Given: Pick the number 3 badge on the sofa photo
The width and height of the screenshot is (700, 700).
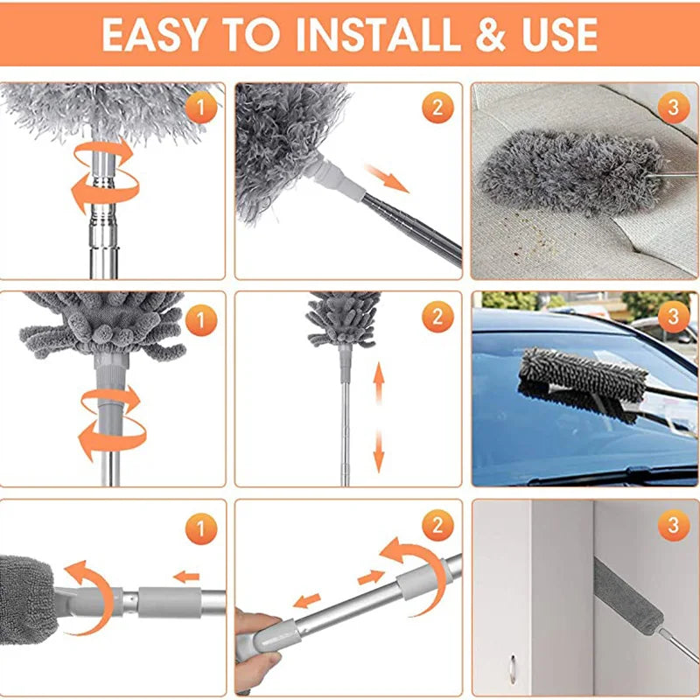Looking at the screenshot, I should coord(673,108).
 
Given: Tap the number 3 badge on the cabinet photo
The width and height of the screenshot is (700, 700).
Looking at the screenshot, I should coord(673,525).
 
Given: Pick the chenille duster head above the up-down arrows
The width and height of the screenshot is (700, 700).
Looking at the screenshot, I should coord(344,318).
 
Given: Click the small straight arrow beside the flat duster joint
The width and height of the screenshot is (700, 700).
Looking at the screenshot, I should coord(185,576).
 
